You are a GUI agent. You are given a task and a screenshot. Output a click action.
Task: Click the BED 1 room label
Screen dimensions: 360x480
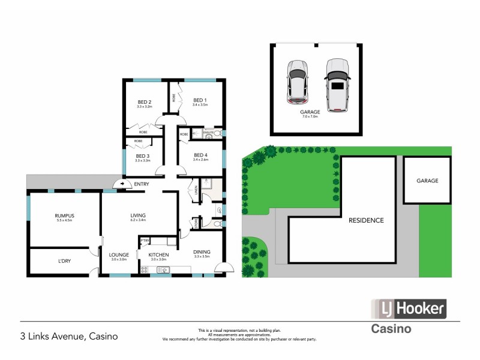coord(200,101)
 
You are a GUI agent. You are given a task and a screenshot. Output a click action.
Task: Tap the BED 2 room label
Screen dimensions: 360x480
coord(144,101)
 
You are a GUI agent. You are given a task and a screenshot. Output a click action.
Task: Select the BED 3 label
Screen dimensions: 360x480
coord(142,156)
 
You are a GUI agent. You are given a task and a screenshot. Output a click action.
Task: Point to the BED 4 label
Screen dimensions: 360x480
coord(200,155)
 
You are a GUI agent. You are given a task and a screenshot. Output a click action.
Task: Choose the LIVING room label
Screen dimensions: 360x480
coord(139,215)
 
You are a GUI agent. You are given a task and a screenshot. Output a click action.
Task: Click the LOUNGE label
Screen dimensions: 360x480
coord(119,254)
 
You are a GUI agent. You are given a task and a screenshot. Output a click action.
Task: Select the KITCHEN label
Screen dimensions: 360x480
coord(158,254)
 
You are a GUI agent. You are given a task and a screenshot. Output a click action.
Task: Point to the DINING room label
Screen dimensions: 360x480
coord(202,252)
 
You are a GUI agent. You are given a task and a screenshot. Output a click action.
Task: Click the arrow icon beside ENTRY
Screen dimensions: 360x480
coord(123,184)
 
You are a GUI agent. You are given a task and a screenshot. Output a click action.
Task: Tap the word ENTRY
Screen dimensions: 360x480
coord(142,184)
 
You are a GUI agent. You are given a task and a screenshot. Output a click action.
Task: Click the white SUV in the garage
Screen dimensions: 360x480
coord(338,85)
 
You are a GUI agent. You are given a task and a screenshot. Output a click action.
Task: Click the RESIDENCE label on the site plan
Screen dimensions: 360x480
coord(366,220)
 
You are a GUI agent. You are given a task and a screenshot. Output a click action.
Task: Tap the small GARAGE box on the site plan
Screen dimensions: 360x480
coord(427,180)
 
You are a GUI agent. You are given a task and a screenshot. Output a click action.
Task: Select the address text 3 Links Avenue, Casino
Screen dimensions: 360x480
coord(69,336)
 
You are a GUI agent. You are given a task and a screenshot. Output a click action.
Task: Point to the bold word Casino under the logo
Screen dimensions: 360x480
coord(391,329)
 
